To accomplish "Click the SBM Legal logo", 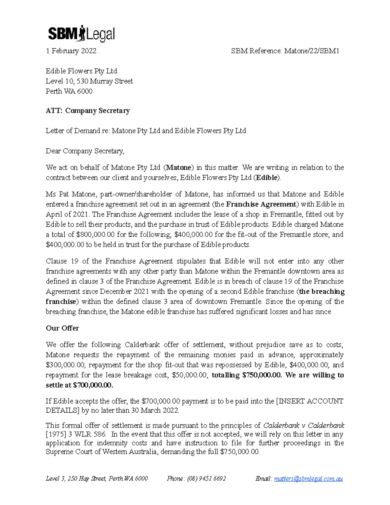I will (x=81, y=33).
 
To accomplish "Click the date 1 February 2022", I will (x=71, y=51).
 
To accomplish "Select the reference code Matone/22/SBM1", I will (x=312, y=51).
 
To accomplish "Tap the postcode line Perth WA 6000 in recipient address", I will (x=69, y=91).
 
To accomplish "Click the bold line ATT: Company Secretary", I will (x=87, y=111).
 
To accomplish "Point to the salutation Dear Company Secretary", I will (x=84, y=151).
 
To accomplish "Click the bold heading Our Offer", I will (x=62, y=328).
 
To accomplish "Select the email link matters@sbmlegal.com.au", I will (x=308, y=479).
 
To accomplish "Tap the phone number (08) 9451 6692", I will (x=206, y=479).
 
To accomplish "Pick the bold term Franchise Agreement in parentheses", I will (x=261, y=205).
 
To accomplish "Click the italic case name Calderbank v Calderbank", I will (x=303, y=426).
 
